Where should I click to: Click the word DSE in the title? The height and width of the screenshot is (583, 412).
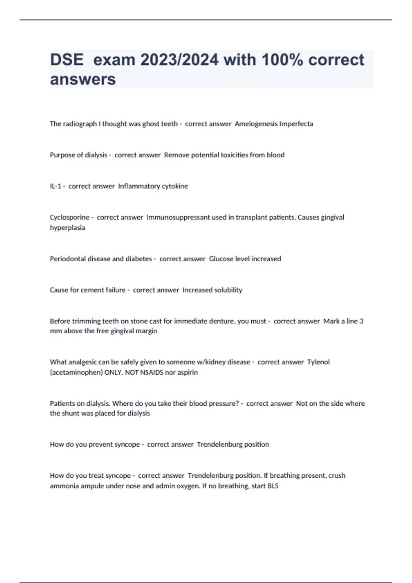[x=67, y=60]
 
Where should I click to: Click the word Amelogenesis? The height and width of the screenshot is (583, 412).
[x=256, y=124]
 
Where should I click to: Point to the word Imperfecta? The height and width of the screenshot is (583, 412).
[x=296, y=124]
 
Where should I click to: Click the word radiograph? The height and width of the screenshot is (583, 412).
[x=80, y=124]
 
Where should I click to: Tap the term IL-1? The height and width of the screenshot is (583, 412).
[x=56, y=186]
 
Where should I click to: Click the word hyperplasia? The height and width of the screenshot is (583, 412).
[x=68, y=228]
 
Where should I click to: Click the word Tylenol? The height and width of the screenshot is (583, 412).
[x=318, y=362]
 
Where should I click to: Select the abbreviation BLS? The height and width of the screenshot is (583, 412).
[x=273, y=486]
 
